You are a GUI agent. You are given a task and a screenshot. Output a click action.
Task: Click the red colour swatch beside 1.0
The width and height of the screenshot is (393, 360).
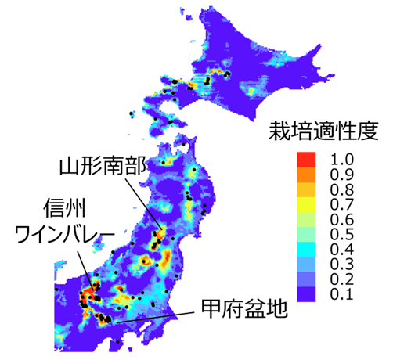pyautogui.click(x=306, y=159)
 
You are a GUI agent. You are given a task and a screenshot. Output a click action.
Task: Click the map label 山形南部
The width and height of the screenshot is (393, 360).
pyautogui.click(x=103, y=165)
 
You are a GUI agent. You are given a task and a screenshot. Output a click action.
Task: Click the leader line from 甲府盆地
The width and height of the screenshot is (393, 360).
pyautogui.click(x=156, y=316)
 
